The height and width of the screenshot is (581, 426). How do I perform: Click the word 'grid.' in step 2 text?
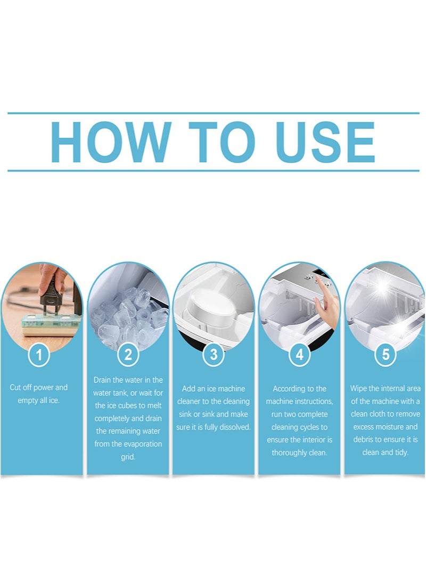coord(128,457)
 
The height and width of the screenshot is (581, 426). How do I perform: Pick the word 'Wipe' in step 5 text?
coord(358,389)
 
